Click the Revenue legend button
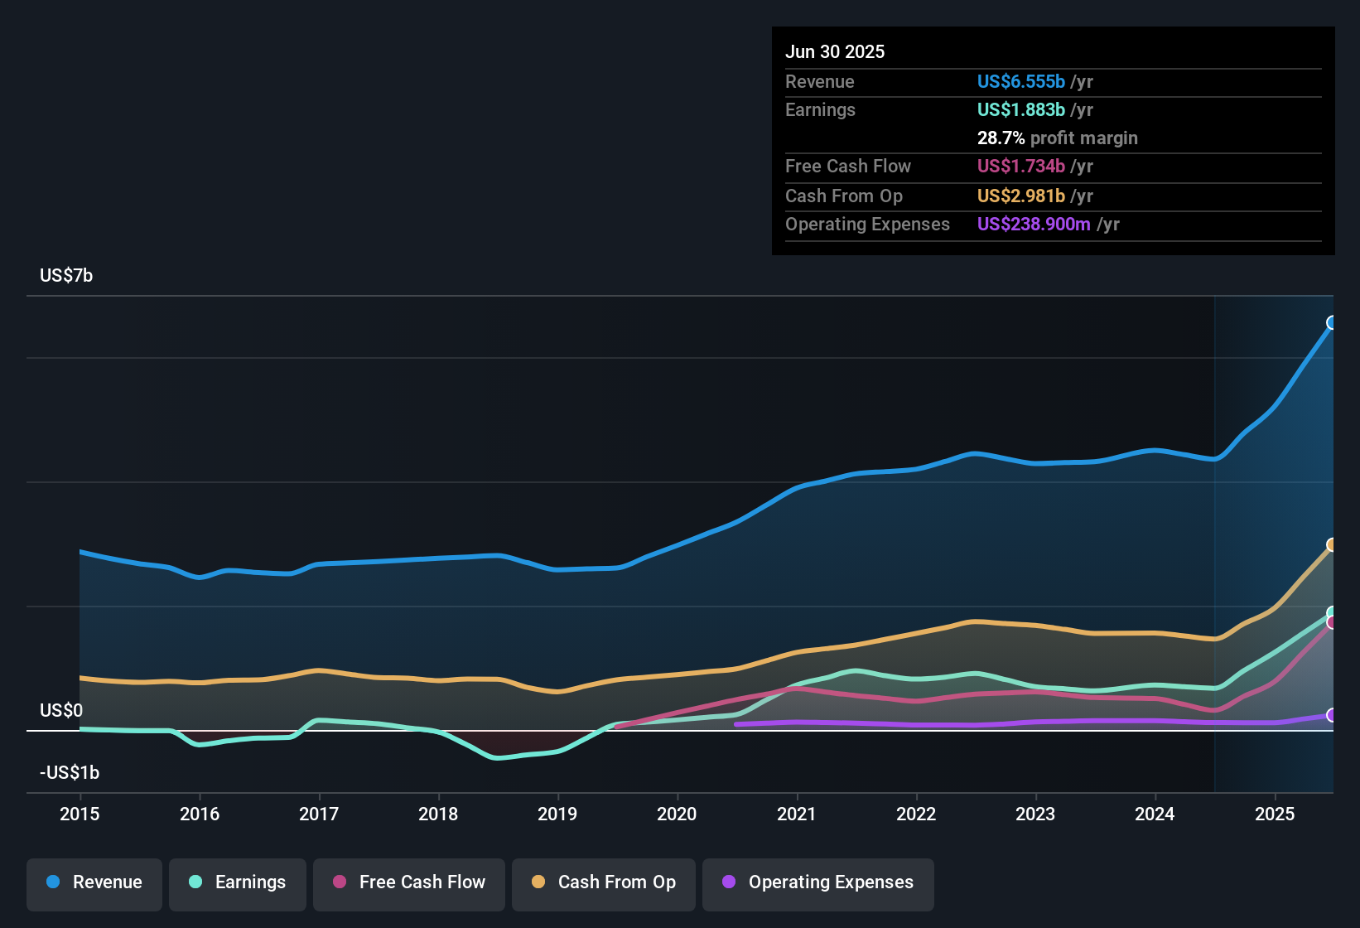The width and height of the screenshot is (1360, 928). pos(94,882)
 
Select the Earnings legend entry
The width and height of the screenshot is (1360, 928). pos(238,882)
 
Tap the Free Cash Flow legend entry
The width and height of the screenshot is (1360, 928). pos(409,882)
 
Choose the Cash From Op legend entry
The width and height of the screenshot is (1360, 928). pos(604,882)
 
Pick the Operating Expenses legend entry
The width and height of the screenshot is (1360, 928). pos(818,882)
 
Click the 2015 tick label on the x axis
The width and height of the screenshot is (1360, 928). pos(80,814)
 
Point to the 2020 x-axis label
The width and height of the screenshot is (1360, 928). pos(677,814)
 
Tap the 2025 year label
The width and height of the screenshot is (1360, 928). pos(1274,814)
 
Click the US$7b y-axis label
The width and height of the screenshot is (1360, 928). pos(66,276)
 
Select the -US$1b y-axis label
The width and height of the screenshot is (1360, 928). pos(70,772)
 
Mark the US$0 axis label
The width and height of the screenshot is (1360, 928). pos(61,710)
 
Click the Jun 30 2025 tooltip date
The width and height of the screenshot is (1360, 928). pos(835,51)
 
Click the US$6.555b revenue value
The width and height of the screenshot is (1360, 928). pos(1020,81)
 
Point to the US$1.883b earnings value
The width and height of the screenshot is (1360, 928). pos(1020,109)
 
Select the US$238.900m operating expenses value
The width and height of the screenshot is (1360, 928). pos(1033,224)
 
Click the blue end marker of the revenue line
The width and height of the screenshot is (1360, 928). pos(1332,322)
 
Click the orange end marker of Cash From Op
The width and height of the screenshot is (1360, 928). pos(1332,544)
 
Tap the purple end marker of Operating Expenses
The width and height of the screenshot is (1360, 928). pos(1332,715)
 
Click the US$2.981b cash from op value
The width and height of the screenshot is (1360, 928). pos(1020,196)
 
